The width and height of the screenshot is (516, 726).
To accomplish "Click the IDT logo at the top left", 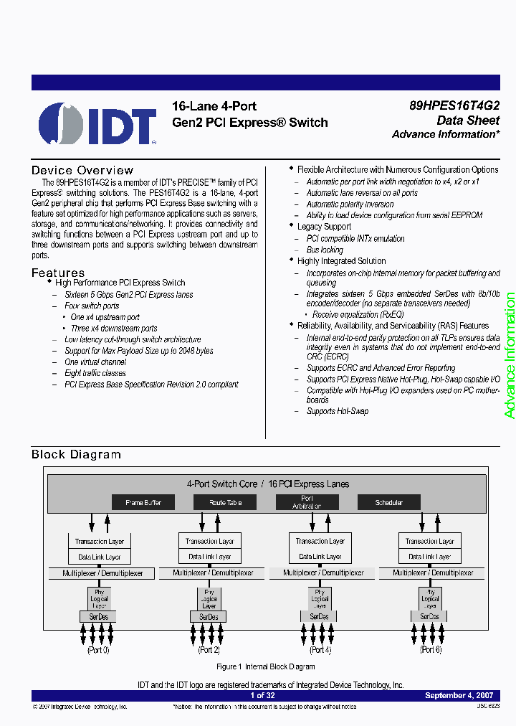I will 97,123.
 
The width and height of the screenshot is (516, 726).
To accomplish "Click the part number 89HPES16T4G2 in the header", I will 454,105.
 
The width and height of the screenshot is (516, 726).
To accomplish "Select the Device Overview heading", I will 82,170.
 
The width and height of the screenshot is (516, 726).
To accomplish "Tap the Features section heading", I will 58,273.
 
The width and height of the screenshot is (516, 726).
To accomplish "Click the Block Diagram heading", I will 76,454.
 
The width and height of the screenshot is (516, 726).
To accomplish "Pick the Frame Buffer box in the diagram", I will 143,502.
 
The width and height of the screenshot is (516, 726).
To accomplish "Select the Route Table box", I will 225,502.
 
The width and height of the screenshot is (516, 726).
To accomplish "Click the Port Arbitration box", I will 307,502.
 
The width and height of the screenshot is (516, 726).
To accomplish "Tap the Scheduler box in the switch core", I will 388,502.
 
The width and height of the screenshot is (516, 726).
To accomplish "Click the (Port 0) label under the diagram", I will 98,650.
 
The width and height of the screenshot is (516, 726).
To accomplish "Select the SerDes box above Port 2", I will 209,617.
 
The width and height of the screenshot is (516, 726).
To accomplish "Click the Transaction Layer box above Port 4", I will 320,541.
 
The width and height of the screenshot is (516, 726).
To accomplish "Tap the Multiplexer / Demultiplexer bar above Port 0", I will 102,573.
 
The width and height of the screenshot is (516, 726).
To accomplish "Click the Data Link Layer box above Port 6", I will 429,556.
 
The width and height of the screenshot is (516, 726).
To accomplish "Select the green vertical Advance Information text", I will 510,355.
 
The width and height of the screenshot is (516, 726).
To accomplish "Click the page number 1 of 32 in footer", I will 262,695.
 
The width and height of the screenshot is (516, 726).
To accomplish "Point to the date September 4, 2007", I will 459,695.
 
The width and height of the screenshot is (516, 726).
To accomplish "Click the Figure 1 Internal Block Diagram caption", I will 266,666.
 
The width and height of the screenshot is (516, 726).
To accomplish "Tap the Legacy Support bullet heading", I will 324,227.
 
